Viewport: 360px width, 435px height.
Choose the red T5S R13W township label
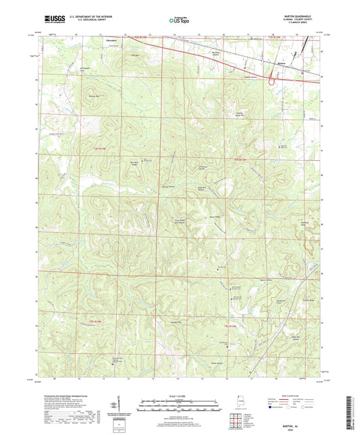click(x=232, y=326)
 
